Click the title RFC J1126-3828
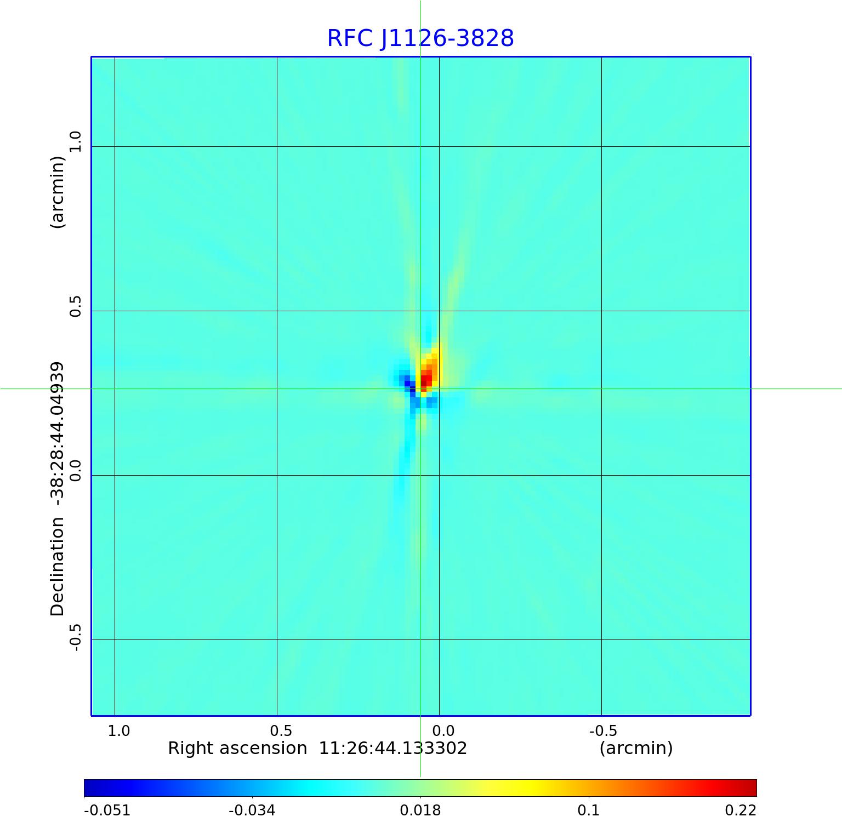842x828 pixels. (420, 38)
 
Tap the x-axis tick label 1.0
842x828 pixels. (118, 730)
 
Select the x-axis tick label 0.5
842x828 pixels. (281, 730)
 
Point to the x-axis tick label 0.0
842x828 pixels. (443, 730)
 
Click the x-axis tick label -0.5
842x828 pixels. (603, 730)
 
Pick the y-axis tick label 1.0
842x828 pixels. (75, 141)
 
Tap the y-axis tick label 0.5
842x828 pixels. (75, 306)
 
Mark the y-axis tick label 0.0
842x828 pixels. (75, 470)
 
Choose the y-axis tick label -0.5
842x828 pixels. (75, 637)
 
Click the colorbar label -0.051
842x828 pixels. (107, 810)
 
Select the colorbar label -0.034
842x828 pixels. (252, 810)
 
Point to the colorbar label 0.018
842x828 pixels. (420, 810)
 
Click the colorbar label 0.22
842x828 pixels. (740, 810)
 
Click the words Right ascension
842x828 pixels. (237, 748)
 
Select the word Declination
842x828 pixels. (57, 567)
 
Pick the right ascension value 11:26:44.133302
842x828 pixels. (392, 748)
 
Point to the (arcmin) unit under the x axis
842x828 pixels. (636, 748)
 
